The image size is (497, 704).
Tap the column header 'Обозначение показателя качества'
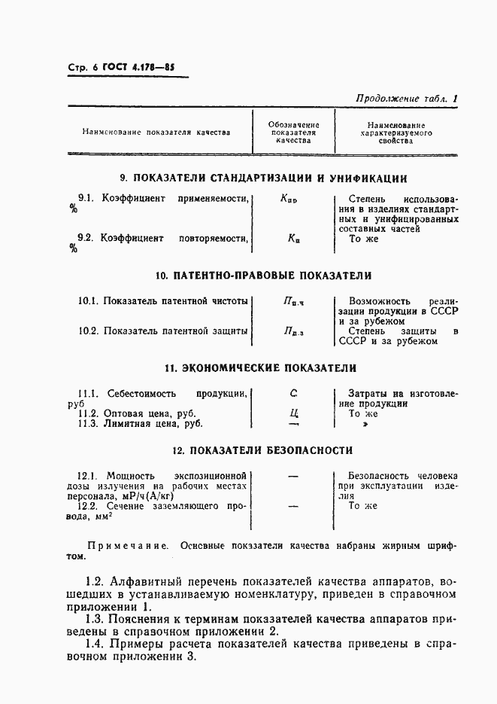293,133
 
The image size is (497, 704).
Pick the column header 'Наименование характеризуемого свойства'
396,133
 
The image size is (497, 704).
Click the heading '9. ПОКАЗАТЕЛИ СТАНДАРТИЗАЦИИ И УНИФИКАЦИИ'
265,179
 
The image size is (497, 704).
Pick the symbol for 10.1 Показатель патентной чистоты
293,301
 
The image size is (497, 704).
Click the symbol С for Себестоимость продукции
293,393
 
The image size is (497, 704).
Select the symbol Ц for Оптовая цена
293,413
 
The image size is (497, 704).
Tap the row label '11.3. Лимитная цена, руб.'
141,424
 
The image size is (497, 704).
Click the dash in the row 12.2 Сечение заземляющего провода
293,506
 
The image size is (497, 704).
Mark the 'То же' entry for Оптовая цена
363,413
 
